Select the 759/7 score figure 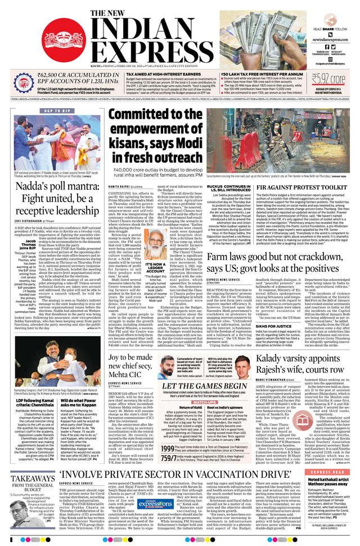[x=168, y=443]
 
